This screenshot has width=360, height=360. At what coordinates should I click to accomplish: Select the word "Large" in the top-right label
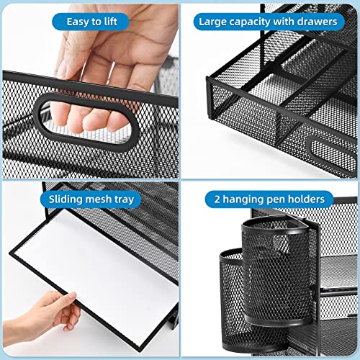(x=214, y=22)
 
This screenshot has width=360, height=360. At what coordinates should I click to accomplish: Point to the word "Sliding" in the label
(x=70, y=198)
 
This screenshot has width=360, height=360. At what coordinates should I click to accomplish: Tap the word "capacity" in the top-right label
(x=257, y=22)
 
